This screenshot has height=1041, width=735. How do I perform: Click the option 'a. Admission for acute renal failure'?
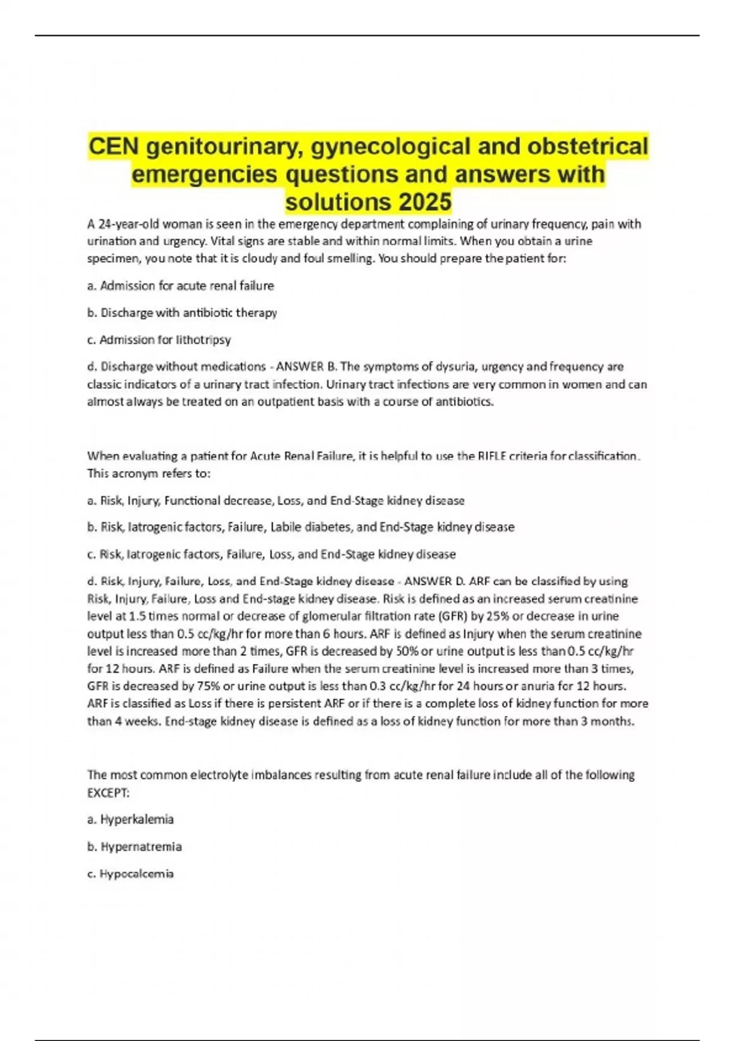181,285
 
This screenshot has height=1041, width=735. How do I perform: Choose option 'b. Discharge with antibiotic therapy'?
182,312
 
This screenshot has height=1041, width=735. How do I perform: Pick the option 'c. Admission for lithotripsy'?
159,339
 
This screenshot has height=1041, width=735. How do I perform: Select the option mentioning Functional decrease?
276,500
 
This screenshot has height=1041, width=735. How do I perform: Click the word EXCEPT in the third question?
108,792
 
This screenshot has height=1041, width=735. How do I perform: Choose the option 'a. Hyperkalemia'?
130,819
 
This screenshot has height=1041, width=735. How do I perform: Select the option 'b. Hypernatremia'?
134,846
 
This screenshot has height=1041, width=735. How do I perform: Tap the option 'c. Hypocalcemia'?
130,874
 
